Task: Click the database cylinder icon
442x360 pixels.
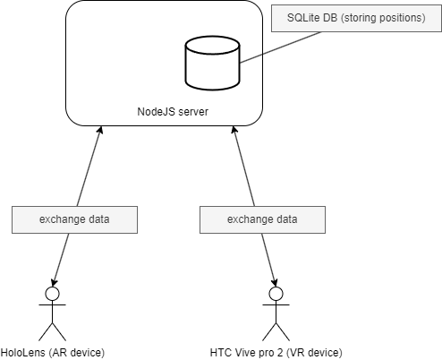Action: [212, 63]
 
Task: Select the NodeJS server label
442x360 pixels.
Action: [173, 112]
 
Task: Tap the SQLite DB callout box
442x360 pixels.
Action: [356, 18]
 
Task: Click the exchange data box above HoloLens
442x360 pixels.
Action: [74, 219]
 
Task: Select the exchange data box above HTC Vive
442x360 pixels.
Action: [262, 219]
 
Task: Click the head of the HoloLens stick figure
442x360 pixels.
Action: [52, 294]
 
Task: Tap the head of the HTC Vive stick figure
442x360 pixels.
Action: [276, 294]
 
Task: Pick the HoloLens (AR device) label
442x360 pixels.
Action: [53, 353]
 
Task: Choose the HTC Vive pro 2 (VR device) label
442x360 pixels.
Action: [276, 353]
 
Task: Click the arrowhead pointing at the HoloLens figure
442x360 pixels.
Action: [54, 282]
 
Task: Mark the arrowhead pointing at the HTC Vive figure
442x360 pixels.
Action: [275, 282]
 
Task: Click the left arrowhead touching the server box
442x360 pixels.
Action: [100, 130]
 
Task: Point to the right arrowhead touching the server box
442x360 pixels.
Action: [234, 130]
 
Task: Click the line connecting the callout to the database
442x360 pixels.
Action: [281, 47]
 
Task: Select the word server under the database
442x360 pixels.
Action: [194, 112]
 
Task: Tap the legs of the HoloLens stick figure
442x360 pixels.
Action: [52, 331]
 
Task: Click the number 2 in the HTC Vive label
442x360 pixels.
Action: [279, 353]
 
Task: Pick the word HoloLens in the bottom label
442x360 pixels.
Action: [22, 353]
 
